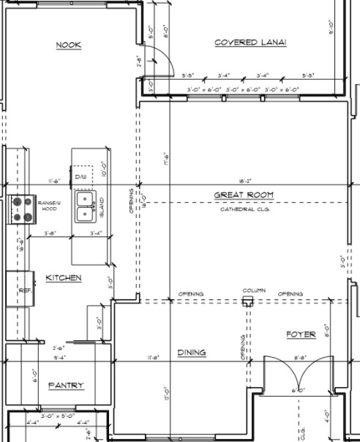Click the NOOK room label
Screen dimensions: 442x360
click(69, 45)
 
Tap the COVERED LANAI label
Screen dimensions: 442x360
click(250, 42)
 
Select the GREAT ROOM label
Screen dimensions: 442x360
click(244, 195)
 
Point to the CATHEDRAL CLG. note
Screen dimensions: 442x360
click(244, 209)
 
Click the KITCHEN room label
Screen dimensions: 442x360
click(64, 278)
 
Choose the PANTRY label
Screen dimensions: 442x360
click(66, 385)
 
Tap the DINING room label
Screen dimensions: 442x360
click(192, 353)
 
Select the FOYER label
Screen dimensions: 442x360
click(300, 334)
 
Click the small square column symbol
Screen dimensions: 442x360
click(248, 301)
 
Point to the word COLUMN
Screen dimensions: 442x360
click(254, 290)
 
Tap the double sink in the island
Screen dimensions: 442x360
click(86, 207)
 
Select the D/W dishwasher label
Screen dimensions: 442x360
click(80, 177)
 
